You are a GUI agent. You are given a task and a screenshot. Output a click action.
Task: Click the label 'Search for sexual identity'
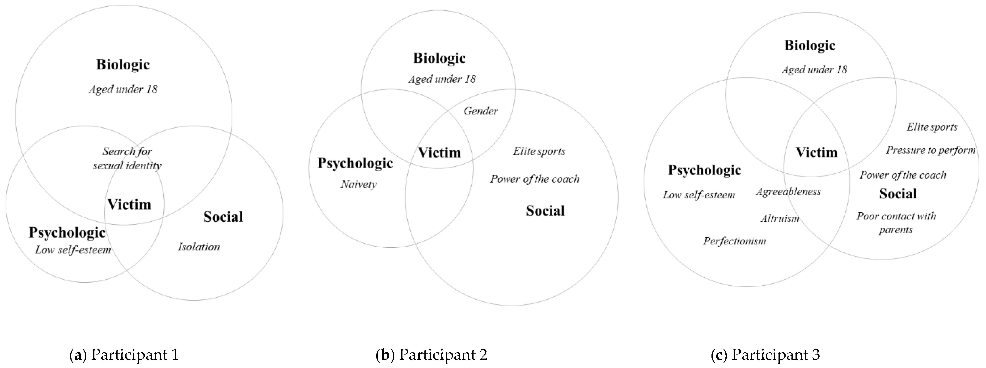(x=127, y=158)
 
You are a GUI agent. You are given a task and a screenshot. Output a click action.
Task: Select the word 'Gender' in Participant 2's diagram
(x=481, y=111)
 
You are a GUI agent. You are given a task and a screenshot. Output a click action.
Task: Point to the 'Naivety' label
(x=359, y=184)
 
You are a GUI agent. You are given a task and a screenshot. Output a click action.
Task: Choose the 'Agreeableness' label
(x=788, y=192)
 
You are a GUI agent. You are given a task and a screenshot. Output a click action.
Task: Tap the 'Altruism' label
(x=780, y=219)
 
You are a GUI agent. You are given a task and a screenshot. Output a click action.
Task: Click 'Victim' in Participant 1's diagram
(x=129, y=204)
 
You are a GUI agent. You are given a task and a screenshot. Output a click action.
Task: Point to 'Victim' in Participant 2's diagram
(x=439, y=153)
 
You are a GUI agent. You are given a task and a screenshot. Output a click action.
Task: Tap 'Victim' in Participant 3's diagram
(x=817, y=152)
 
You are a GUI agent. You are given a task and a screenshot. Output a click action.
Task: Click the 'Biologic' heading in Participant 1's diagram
(x=123, y=64)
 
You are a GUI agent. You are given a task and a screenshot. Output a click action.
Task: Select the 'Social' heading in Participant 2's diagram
(x=545, y=210)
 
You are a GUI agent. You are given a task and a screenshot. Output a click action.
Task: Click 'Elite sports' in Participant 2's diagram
(x=539, y=151)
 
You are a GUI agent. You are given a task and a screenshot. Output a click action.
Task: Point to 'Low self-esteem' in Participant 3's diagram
(x=699, y=195)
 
